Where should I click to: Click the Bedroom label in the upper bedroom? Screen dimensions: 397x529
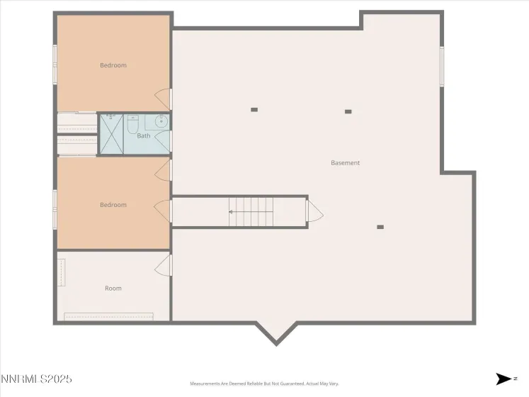113,65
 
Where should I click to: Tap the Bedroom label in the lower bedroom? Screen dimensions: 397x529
113,205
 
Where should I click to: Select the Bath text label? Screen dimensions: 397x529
144,135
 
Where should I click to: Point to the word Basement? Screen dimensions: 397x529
346,163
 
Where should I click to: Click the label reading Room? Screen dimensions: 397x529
113,289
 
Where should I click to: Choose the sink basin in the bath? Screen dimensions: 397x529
161,120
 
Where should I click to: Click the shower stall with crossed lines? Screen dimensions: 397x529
110,134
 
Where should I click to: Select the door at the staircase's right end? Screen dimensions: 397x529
314,211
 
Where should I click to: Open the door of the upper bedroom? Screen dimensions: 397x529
164,99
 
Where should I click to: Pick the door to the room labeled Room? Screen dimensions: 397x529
164,264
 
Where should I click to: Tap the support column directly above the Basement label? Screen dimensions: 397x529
348,111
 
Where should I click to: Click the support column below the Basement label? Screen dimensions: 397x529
380,227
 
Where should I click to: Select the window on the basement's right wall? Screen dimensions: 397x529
442,67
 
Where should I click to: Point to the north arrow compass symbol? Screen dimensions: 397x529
504,379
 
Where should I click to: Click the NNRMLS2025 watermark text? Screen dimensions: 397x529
36,379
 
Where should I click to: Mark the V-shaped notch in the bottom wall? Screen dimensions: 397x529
276,335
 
